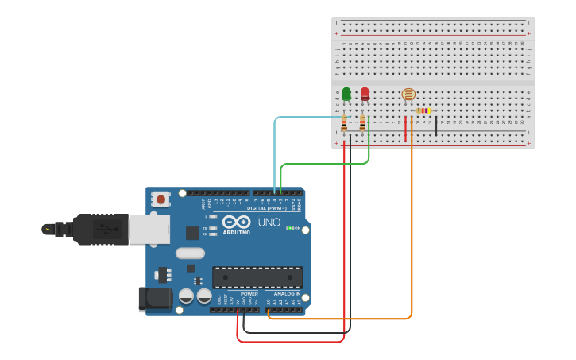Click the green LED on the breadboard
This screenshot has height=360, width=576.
[346, 94]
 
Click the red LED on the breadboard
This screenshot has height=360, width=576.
[365, 94]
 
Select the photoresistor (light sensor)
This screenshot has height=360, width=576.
[408, 95]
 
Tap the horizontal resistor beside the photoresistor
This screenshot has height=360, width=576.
[423, 111]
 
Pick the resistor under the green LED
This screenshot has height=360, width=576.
[344, 123]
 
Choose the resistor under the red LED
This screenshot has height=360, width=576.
[362, 123]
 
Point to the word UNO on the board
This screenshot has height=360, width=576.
[269, 223]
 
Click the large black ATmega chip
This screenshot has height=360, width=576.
[257, 277]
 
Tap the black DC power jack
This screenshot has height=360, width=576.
[155, 299]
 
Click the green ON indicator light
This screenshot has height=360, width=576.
[288, 229]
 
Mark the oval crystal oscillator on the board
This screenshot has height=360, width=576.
[190, 254]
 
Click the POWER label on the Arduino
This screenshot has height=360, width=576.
[249, 294]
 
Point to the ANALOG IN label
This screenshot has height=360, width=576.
[288, 294]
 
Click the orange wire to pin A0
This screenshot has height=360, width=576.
[412, 238]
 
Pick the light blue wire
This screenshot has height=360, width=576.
[275, 151]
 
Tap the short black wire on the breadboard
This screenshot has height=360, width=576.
[435, 126]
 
